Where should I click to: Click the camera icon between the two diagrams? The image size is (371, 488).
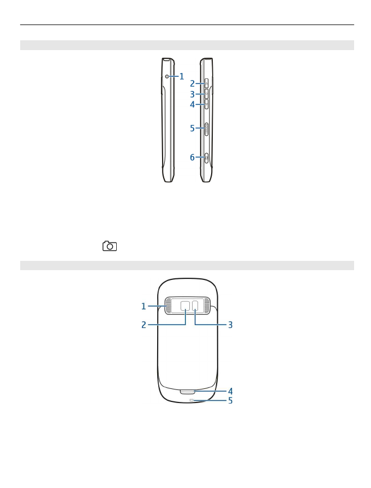click(110, 246)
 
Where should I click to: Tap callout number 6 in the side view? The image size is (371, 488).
click(193, 157)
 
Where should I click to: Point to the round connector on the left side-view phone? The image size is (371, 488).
click(167, 76)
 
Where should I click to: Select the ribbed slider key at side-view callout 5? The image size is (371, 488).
click(206, 129)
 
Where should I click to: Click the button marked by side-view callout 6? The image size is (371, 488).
click(206, 158)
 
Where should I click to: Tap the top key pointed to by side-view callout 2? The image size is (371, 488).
click(206, 83)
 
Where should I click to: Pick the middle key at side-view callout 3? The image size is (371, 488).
click(206, 94)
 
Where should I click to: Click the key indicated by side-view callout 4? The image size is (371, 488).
click(206, 104)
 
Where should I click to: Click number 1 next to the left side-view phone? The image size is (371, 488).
click(182, 77)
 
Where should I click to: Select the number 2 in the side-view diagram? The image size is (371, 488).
click(193, 84)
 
